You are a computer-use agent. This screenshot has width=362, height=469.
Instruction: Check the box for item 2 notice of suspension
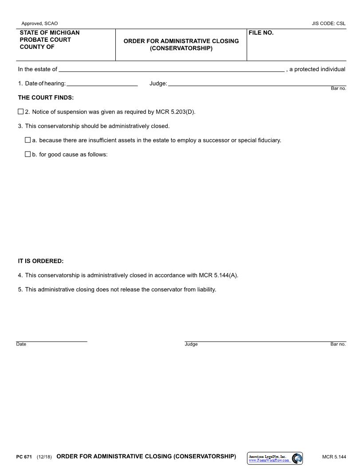coord(20,111)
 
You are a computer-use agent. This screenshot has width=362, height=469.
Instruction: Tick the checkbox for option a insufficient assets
coord(28,140)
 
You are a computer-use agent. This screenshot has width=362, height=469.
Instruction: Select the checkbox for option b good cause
coord(28,154)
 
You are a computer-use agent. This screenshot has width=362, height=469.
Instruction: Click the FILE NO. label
coord(261,33)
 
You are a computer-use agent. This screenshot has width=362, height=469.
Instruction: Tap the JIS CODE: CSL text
coord(328,23)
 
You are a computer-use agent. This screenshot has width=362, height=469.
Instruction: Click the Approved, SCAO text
coord(39,23)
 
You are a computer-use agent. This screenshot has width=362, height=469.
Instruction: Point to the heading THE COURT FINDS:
coord(46,97)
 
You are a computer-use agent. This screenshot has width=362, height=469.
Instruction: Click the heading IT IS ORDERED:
coord(41,261)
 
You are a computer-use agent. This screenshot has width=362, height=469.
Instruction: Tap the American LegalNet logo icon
coord(297,458)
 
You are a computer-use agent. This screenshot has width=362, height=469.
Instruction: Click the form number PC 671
coord(24,457)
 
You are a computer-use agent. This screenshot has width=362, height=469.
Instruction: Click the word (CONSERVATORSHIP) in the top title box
coord(181,48)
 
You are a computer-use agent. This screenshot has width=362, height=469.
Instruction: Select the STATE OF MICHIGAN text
coord(50,33)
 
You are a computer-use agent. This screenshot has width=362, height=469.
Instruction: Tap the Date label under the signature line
coord(21,344)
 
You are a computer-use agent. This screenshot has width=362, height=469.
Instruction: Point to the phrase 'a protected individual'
coord(317,69)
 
